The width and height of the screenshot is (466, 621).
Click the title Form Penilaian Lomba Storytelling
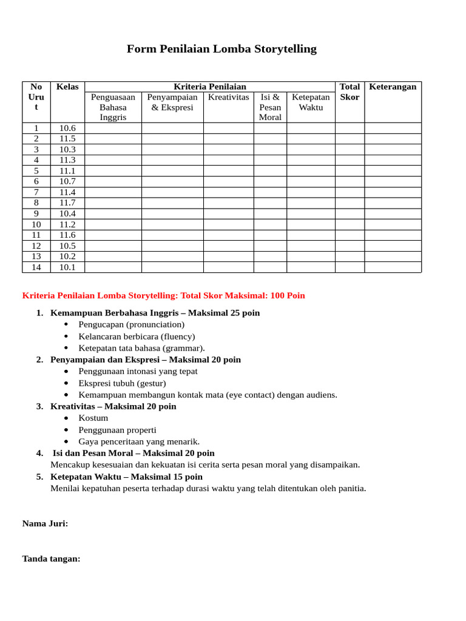click(221, 49)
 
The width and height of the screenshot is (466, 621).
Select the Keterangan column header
click(393, 87)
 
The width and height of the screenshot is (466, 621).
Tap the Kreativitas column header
click(228, 97)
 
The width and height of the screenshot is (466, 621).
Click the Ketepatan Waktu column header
click(311, 102)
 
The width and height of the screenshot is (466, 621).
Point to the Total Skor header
click(349, 92)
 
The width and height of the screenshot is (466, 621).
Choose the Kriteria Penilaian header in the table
click(210, 87)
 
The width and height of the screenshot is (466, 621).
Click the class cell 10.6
click(67, 128)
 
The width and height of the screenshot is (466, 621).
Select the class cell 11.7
click(67, 203)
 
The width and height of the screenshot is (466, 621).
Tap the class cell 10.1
click(67, 267)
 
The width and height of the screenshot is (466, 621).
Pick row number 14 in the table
click(36, 267)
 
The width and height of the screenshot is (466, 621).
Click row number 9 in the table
click(36, 213)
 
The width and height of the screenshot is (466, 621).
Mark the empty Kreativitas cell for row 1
click(228, 128)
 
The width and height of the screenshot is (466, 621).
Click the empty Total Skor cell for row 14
click(349, 267)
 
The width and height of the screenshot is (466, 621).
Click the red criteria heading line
click(164, 296)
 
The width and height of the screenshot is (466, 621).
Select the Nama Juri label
click(46, 523)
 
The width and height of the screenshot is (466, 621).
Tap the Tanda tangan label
click(52, 559)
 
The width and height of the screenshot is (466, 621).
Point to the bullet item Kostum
click(93, 418)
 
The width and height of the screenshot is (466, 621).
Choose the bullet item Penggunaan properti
click(118, 430)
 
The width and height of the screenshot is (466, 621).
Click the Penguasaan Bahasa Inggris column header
click(113, 107)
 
